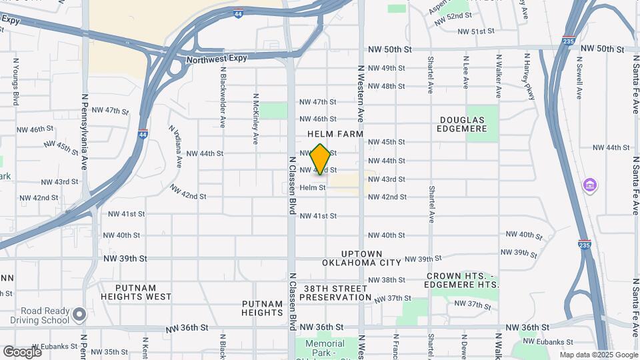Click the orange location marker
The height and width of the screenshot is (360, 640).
(x=321, y=159)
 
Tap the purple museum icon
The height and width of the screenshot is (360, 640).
(x=589, y=184)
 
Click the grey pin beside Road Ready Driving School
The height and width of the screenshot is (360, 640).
(x=79, y=313)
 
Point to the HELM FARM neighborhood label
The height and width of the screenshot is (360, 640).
(x=335, y=134)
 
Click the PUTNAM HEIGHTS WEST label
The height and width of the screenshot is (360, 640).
(x=136, y=292)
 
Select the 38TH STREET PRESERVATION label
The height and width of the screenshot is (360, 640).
(x=335, y=293)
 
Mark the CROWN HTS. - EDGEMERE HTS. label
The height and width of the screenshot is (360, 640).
(x=462, y=280)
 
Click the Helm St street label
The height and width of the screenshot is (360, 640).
(x=313, y=188)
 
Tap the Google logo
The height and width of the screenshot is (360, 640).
(x=21, y=351)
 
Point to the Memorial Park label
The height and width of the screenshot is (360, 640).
(x=325, y=344)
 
